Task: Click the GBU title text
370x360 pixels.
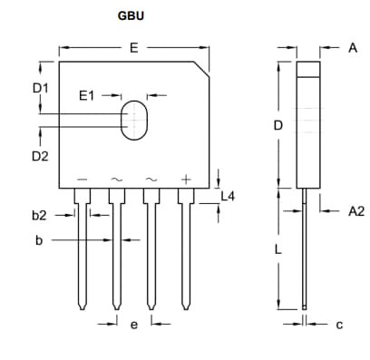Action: pyautogui.click(x=130, y=16)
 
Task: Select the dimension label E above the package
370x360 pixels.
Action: pyautogui.click(x=133, y=48)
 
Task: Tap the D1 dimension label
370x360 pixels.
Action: pyautogui.click(x=40, y=88)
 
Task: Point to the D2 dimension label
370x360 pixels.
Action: pyautogui.click(x=40, y=156)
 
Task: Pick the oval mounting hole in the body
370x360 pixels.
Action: pyautogui.click(x=134, y=119)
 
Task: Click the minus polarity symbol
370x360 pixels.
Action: pyautogui.click(x=83, y=180)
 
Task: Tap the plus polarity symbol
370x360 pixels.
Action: pyautogui.click(x=186, y=180)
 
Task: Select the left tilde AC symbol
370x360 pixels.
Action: pyautogui.click(x=117, y=180)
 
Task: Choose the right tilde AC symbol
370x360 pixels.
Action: pyautogui.click(x=151, y=180)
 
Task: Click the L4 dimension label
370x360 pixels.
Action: pyautogui.click(x=229, y=196)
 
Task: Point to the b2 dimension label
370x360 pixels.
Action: pyautogui.click(x=39, y=215)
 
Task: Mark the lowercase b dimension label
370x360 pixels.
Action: pyautogui.click(x=39, y=240)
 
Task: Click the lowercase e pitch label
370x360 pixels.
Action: pyautogui.click(x=133, y=325)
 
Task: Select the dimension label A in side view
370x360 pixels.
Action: pyautogui.click(x=353, y=47)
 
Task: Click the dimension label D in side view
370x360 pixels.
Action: pyautogui.click(x=279, y=126)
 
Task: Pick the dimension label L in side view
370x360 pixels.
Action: pyautogui.click(x=279, y=248)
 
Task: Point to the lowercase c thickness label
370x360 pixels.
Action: pyautogui.click(x=339, y=324)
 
